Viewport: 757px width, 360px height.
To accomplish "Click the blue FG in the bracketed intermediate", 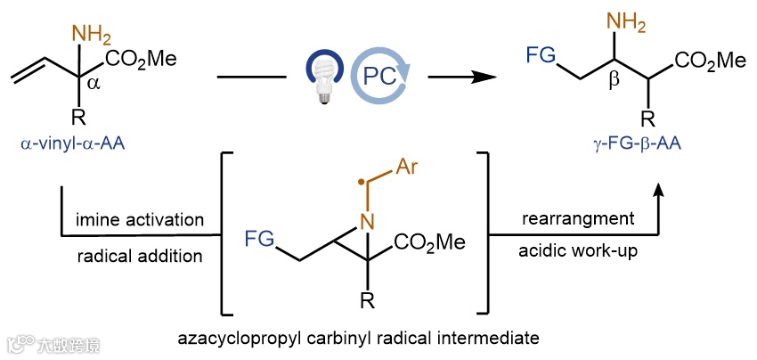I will coord(260,238).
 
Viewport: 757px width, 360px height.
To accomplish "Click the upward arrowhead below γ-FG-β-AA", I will coord(660,190).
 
